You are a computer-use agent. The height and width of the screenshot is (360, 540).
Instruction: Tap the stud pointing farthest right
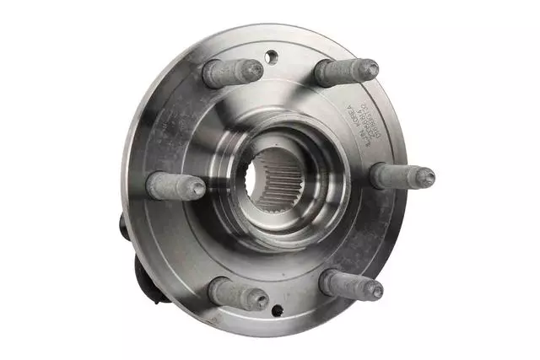coord(402,176)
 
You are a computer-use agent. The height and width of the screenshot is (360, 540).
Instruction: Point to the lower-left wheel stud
coord(237,294)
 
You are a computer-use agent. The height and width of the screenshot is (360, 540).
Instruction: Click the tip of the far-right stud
coord(426,177)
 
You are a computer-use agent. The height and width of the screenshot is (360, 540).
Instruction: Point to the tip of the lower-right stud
coord(373,290)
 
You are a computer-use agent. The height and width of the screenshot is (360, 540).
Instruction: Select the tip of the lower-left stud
coord(259,299)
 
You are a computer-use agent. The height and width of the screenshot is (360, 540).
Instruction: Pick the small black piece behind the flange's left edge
coord(123,225)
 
